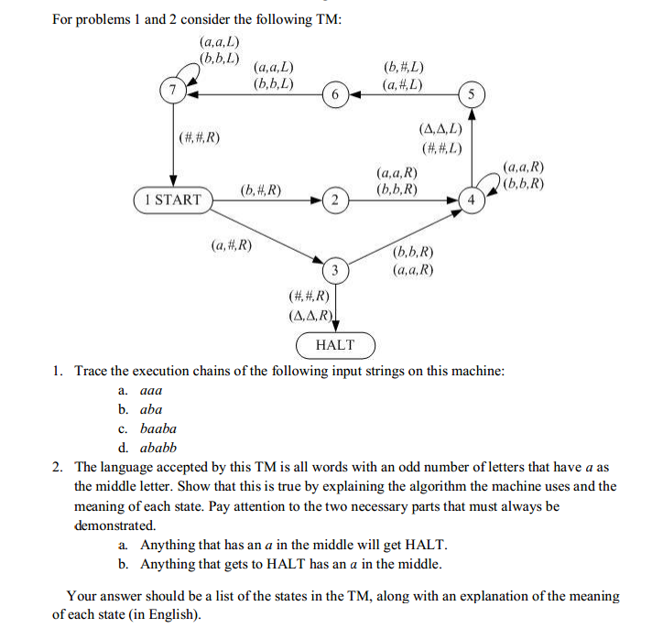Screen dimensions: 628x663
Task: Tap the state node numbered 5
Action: click(x=472, y=95)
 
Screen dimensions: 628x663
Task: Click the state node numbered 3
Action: click(x=336, y=270)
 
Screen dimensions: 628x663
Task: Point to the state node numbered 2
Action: click(x=336, y=199)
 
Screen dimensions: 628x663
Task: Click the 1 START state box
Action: click(x=172, y=199)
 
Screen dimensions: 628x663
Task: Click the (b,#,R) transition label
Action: click(x=260, y=190)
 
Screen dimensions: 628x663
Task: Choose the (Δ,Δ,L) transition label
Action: click(x=440, y=130)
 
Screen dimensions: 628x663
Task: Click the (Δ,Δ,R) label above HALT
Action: click(x=309, y=315)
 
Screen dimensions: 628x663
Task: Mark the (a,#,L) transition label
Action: click(x=404, y=84)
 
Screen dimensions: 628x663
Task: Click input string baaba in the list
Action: click(x=158, y=428)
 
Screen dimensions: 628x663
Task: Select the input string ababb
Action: click(x=158, y=448)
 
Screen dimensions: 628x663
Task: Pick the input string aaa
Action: click(x=151, y=390)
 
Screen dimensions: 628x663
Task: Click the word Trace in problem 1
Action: click(x=92, y=371)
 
